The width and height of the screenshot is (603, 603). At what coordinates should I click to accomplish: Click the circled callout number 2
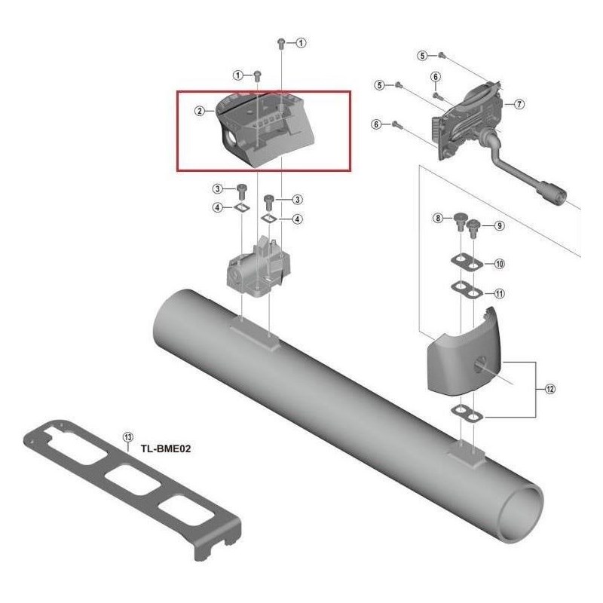[x=200, y=111]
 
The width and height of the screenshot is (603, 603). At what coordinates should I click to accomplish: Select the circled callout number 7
[x=519, y=104]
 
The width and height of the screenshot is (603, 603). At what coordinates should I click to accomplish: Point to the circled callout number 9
[x=499, y=225]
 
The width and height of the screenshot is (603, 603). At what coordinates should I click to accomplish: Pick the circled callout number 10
[x=499, y=265]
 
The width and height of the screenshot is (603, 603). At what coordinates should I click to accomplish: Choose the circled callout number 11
[x=499, y=292]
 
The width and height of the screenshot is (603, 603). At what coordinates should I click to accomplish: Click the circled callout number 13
[x=127, y=437]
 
